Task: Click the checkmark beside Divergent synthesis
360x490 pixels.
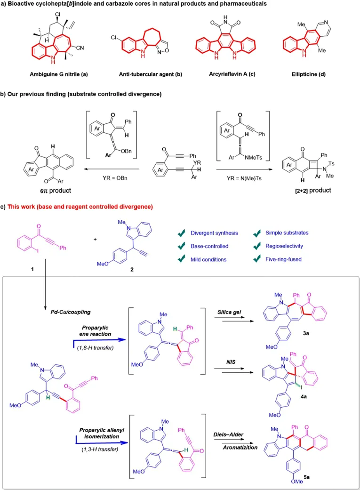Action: click(x=180, y=233)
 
